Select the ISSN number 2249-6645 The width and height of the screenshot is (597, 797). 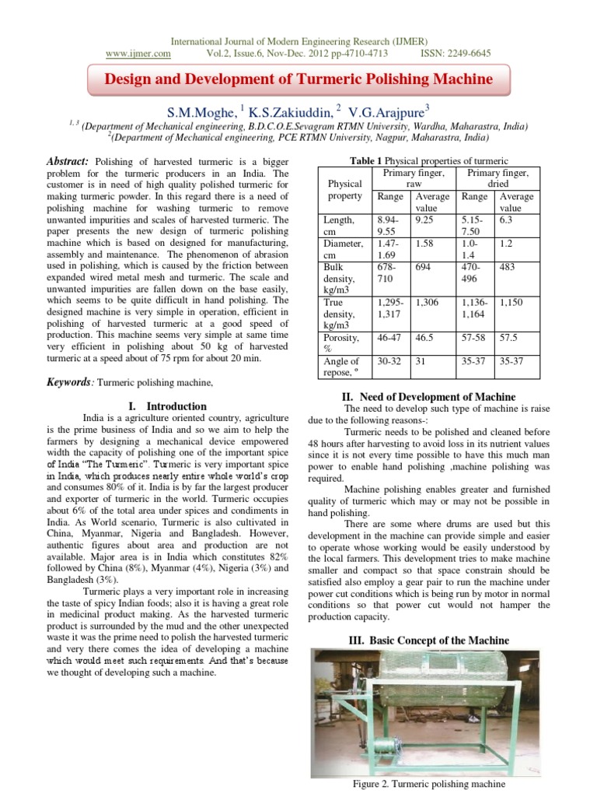pos(466,54)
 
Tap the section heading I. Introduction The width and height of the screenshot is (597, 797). pos(166,406)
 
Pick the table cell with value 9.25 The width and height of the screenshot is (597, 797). pos(424,220)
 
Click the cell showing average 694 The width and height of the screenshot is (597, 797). pos(424,267)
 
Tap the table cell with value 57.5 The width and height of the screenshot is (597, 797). pos(509,338)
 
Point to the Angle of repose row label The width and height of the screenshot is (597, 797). pos(342,367)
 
